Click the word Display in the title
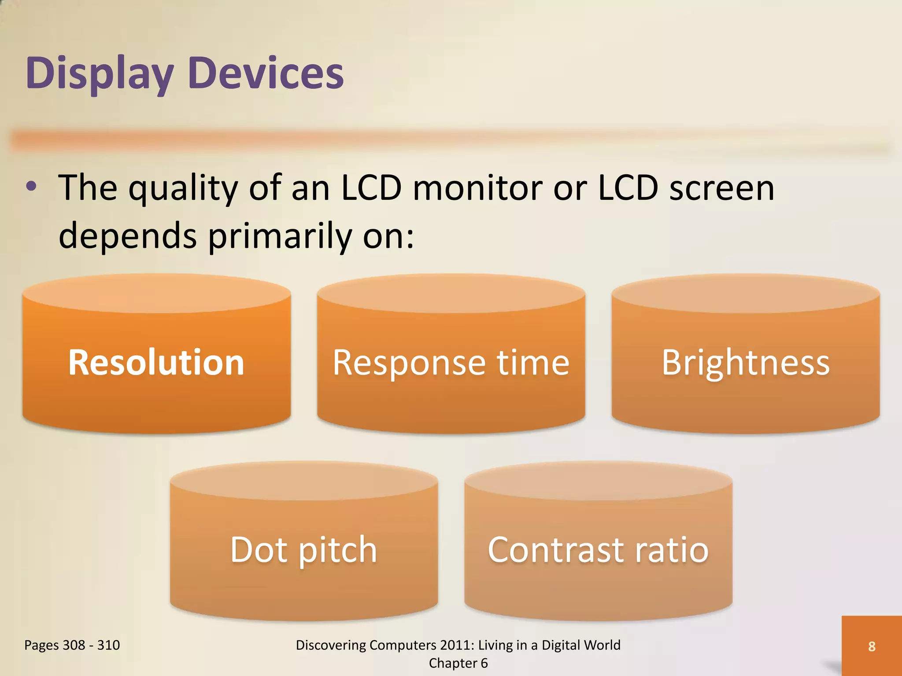pos(100,73)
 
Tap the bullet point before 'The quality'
pos(31,187)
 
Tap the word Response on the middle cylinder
pos(409,364)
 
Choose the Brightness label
pos(746,363)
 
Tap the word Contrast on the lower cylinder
pos(555,550)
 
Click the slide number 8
pos(872,646)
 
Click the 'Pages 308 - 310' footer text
pos(72,645)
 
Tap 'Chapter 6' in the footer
pos(458,663)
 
